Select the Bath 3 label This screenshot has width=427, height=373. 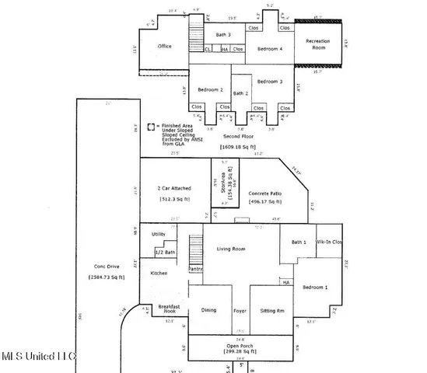point(226,35)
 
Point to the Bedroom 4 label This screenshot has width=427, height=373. point(271,49)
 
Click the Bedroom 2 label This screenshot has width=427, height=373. point(211,89)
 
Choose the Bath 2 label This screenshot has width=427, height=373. point(240,93)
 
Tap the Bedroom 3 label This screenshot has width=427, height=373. point(270,82)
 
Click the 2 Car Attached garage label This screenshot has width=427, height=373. point(175,189)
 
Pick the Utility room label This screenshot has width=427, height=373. point(159,234)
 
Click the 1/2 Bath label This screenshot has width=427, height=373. point(164,253)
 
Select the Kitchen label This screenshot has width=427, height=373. point(159,273)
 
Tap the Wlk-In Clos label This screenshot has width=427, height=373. point(332,242)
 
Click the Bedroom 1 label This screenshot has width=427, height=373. point(317,287)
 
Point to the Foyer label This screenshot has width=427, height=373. point(240,311)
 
